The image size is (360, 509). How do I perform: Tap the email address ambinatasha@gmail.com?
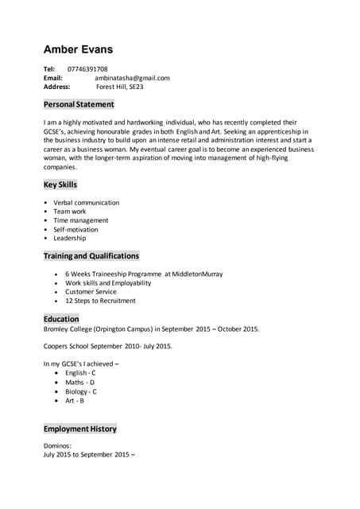coord(132,78)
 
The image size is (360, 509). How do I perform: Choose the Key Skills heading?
coord(60,185)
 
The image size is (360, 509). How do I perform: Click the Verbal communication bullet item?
coord(86,203)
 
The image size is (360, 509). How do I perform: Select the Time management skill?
coord(80,220)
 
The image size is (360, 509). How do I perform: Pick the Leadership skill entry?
coord(69,238)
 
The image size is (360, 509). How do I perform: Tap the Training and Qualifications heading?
coord(91,256)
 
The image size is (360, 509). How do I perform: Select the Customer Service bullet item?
coord(91,292)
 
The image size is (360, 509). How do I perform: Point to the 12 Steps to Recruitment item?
coord(100,301)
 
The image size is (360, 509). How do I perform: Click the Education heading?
coord(61,319)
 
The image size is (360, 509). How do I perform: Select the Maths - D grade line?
coord(79,383)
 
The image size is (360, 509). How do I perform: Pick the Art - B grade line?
coord(75,400)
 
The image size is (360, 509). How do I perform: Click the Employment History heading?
coord(79,429)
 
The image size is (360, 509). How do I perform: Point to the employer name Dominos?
coord(57,446)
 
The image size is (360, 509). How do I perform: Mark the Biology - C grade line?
coord(81,391)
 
